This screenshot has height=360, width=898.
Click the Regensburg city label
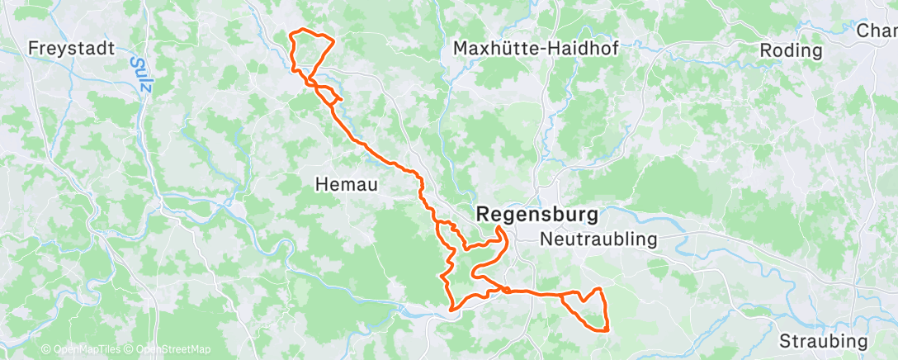pos(537,213)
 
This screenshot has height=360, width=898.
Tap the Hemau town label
pos(346,186)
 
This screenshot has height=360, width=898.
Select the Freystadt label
pos(70,48)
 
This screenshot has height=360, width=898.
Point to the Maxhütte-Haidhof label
pos(536,50)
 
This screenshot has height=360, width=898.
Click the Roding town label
pos(791,50)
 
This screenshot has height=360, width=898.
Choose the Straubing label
pos(823,342)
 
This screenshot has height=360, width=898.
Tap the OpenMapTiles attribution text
pos(82,350)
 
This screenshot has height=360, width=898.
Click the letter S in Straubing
pos(785,342)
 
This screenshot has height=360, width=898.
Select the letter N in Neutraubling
pos(546,239)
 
